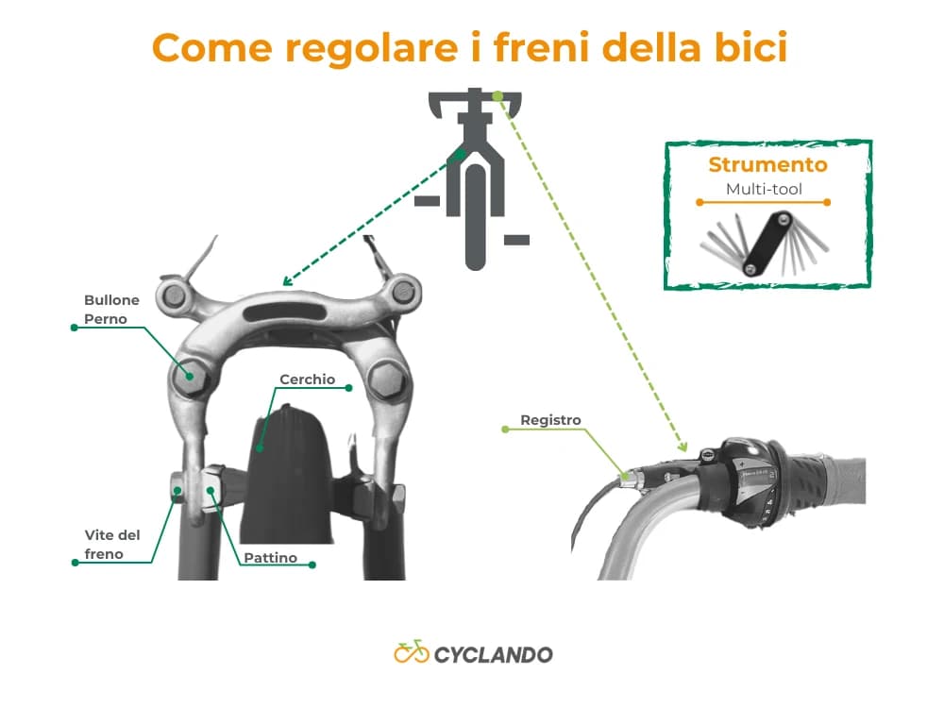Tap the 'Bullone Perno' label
point(111,310)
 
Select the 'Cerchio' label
point(307,379)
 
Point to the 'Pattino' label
point(270,558)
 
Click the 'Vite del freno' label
point(111,545)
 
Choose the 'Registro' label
point(550,420)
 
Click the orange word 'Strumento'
point(767,165)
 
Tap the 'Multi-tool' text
point(764,190)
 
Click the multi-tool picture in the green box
point(765,244)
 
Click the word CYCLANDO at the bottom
point(494,654)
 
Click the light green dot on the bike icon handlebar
point(497,95)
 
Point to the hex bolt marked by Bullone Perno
point(189,377)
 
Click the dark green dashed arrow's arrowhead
point(286,280)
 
